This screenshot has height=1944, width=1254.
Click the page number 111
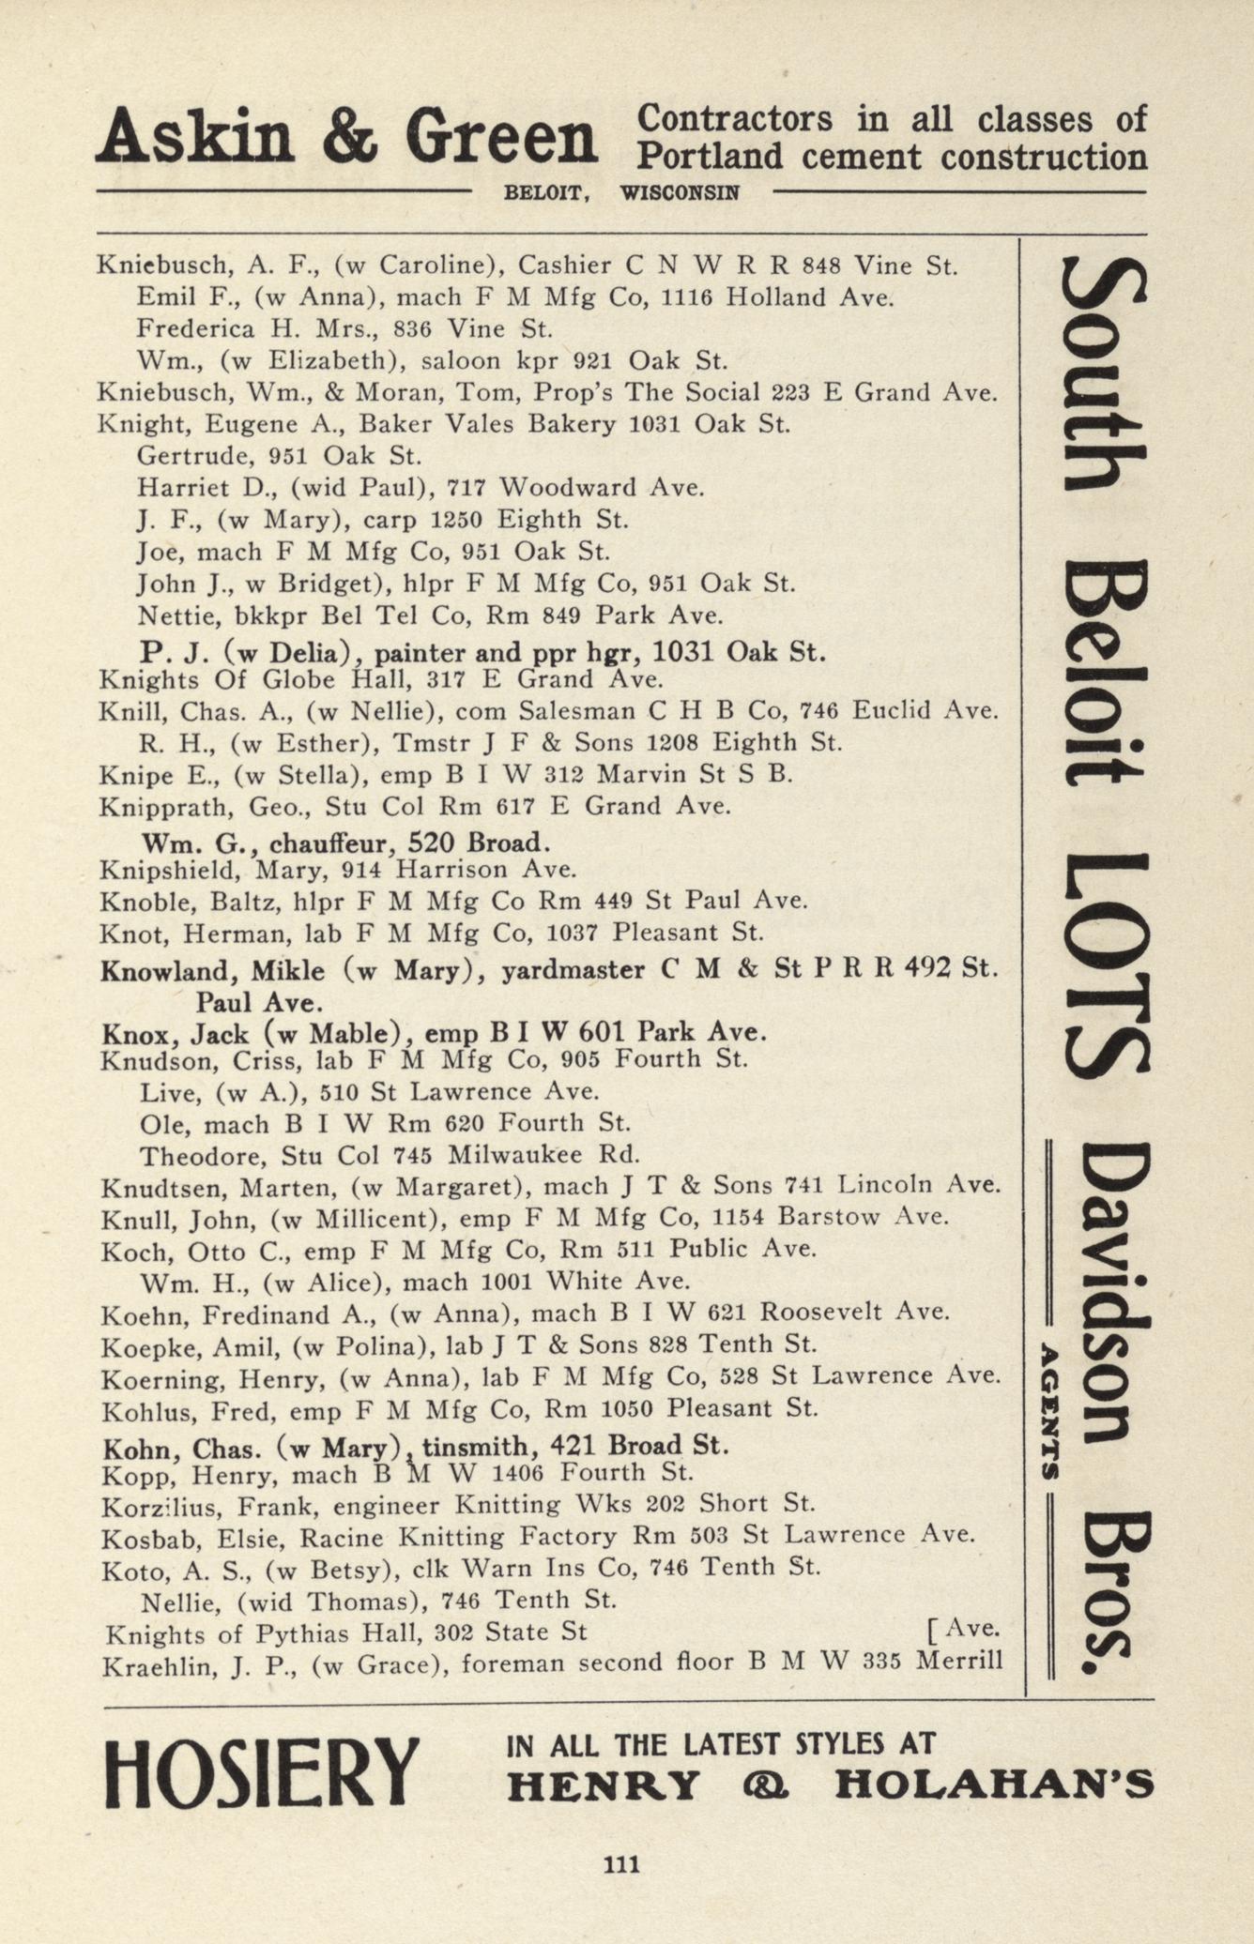[x=621, y=1862]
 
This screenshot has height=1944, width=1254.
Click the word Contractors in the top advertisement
[x=734, y=119]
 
